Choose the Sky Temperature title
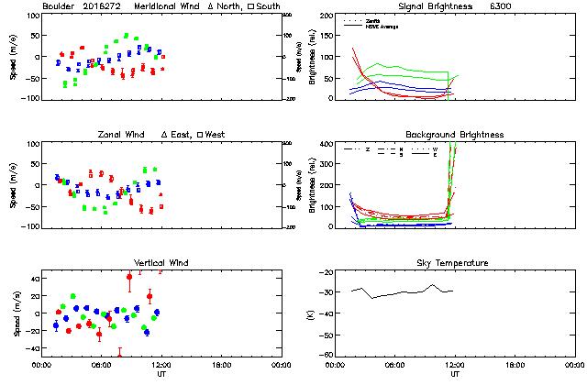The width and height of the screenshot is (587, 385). (x=454, y=263)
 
